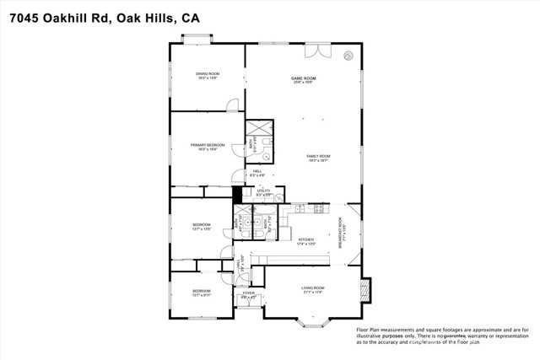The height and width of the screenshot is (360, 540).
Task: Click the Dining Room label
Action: [207, 76]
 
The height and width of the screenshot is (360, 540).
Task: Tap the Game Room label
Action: [304, 80]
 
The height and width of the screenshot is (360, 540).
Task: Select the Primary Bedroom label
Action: [207, 147]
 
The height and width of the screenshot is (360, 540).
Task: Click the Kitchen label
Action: [306, 241]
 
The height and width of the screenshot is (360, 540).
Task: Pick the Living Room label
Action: [313, 290]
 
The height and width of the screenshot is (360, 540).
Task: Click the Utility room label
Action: [263, 193]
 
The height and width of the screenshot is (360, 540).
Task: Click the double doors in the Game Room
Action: [317, 51]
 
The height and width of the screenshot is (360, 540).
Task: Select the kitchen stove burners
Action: [318, 207]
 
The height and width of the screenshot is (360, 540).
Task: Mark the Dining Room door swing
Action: [233, 104]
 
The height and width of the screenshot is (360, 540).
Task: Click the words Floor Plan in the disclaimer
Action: [374, 328]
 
